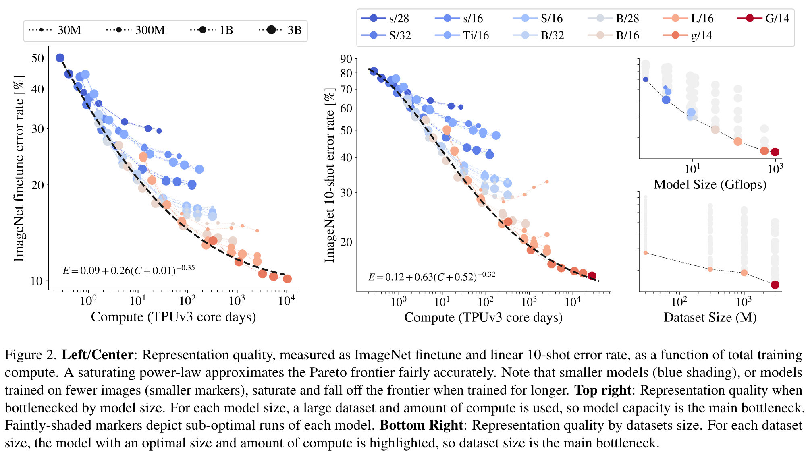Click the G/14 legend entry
[x=763, y=18]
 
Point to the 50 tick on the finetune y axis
[x=37, y=58]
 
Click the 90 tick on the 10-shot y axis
[x=346, y=59]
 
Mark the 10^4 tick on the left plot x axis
[x=287, y=300]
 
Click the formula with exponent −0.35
[x=129, y=270]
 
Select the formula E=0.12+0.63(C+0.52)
[x=432, y=277]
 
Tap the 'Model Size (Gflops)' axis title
[x=710, y=184]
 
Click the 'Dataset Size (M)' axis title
[x=710, y=317]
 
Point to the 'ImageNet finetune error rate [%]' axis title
[x=19, y=168]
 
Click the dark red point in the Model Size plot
[x=775, y=152]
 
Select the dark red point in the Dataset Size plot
[x=775, y=285]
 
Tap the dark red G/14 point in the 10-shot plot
[x=592, y=276]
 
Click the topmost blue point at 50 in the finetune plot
[x=60, y=58]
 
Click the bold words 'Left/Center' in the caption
[x=97, y=355]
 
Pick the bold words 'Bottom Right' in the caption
[x=422, y=425]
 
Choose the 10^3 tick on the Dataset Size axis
[x=744, y=301]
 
